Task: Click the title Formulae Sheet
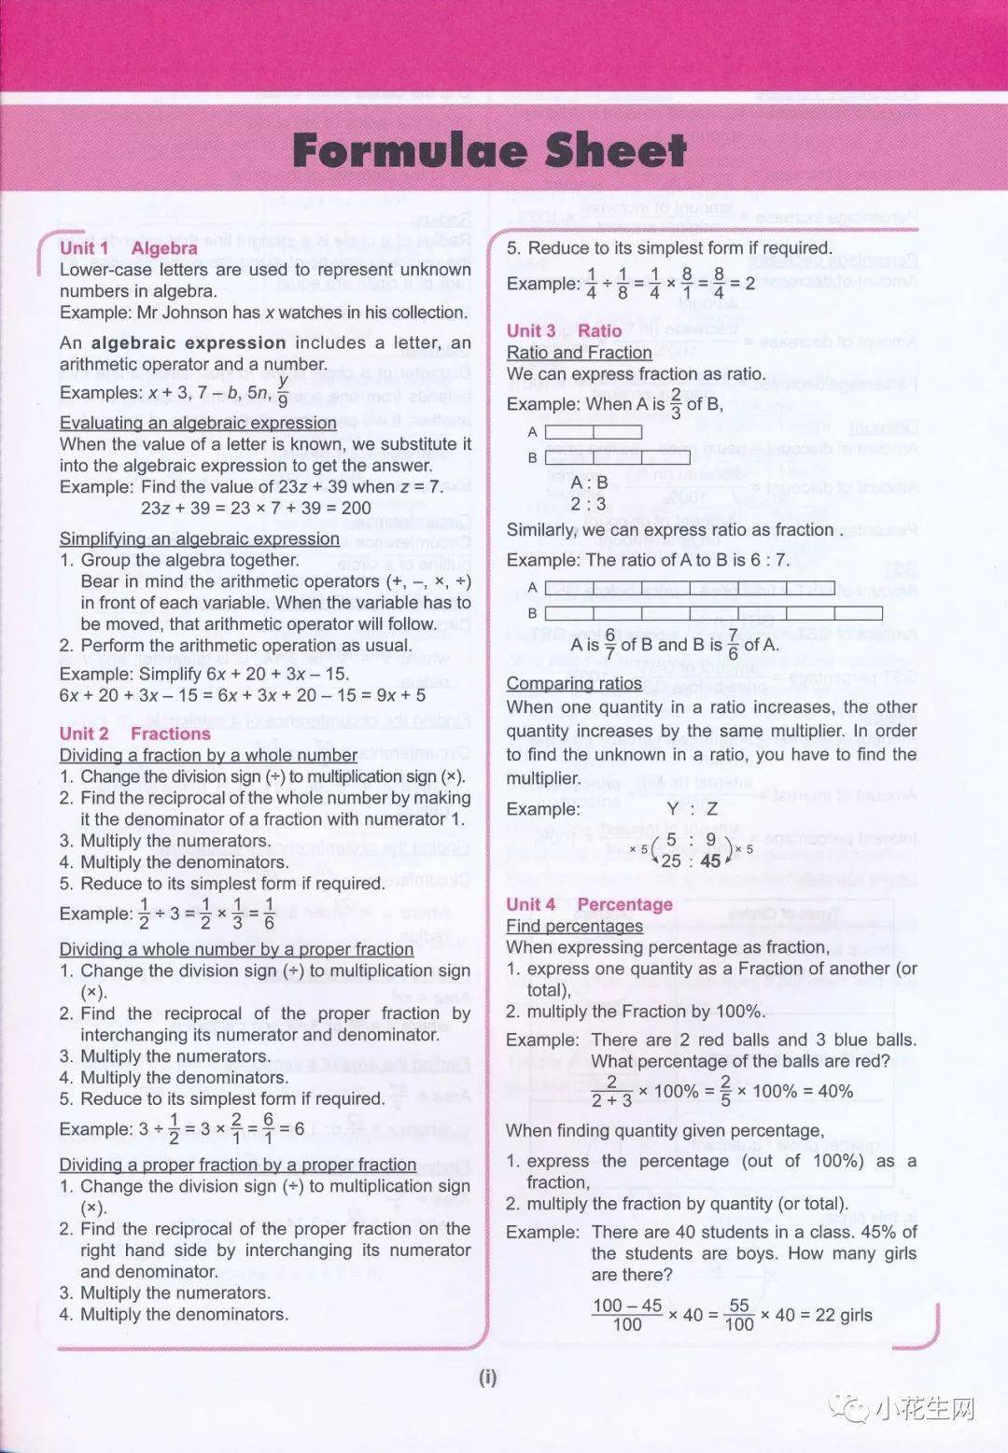pos(489,150)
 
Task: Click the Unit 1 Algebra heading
pos(128,248)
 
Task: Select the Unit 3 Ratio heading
pos(564,330)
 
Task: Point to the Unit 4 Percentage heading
pos(589,904)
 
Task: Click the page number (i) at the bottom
pos(488,1377)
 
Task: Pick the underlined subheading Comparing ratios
pos(574,683)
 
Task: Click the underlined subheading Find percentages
pos(574,926)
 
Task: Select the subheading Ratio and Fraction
pos(579,352)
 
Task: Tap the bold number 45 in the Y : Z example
pos(710,860)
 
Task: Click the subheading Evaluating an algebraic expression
pos(198,423)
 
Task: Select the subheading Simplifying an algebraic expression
pos(200,538)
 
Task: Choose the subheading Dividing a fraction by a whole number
pos(207,755)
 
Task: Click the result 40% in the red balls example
pos(834,1091)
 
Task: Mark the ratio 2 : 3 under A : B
pos(588,504)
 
